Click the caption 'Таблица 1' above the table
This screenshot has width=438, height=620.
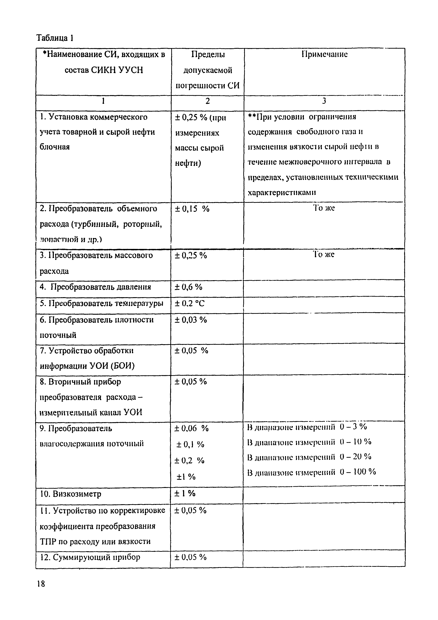point(55,38)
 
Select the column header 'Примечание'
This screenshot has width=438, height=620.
point(324,55)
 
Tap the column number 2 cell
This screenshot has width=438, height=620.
point(207,101)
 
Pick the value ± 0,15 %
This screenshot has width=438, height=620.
point(192,209)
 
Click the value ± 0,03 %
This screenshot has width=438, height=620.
point(191,320)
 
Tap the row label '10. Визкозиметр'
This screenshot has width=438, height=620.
point(71,494)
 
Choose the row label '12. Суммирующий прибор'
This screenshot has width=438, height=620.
point(90,557)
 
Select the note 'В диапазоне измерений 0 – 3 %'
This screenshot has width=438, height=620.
point(307,427)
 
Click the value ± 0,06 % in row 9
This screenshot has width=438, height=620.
point(192,429)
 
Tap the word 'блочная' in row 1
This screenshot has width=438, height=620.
point(55,147)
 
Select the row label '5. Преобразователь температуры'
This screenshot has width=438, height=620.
point(101,304)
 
